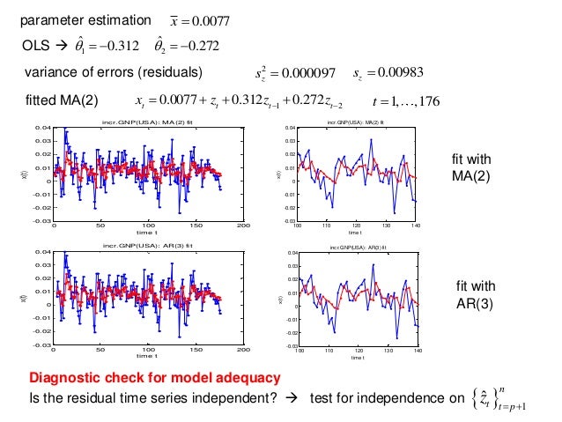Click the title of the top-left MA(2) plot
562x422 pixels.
coord(147,121)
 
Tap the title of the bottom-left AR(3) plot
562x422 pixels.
coord(147,245)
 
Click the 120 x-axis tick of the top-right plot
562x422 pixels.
coord(357,226)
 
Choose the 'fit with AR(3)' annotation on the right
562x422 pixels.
coord(475,293)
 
